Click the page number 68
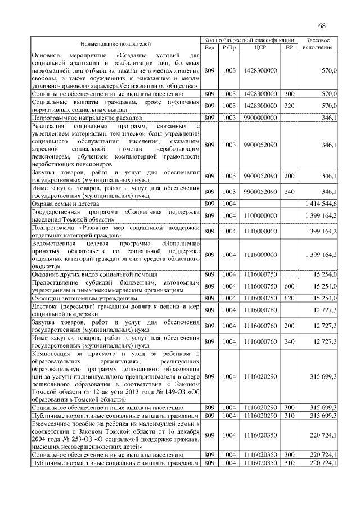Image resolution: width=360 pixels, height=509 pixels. pos(322,26)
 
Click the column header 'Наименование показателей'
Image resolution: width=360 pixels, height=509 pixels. pos(115,43)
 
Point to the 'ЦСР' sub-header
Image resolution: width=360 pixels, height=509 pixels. pos(260,47)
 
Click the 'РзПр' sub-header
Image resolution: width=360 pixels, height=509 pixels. pos(229,47)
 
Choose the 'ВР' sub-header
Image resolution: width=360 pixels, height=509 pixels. pos(290,47)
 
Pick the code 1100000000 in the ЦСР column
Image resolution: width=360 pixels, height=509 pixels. pos(260,215)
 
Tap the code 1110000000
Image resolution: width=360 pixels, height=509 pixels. pos(260,231)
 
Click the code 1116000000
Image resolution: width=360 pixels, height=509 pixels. pos(260,254)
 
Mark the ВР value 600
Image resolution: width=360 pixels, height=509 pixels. pos(290,286)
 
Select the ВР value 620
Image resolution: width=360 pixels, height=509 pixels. pos(290,298)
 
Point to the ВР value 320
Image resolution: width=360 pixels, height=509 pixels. pos(290,105)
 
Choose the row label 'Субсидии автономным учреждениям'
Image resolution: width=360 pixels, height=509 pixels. pos(84,298)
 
